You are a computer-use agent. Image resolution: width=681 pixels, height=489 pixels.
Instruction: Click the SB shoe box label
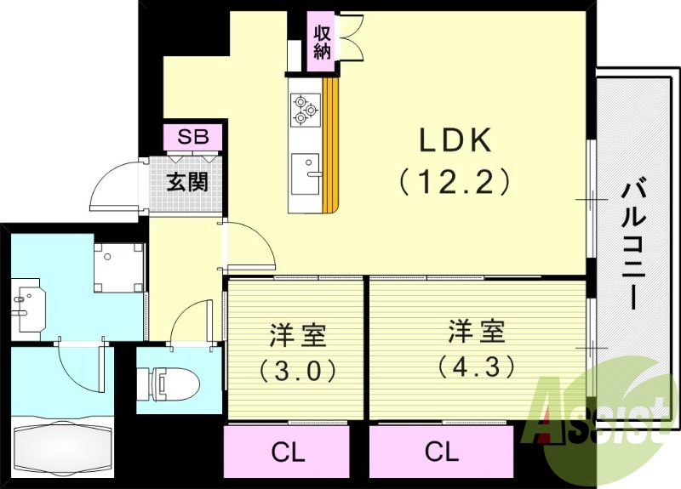coord(192,137)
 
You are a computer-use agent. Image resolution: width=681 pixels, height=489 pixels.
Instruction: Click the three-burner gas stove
coord(304,110)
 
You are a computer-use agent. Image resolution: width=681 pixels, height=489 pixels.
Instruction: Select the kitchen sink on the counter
coord(304,173)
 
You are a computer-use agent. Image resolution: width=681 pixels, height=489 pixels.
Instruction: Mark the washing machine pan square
coord(118,266)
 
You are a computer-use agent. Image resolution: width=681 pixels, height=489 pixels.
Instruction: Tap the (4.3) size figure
coord(476,367)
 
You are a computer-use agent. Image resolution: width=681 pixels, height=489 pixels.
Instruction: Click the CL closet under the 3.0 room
coord(287,452)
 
